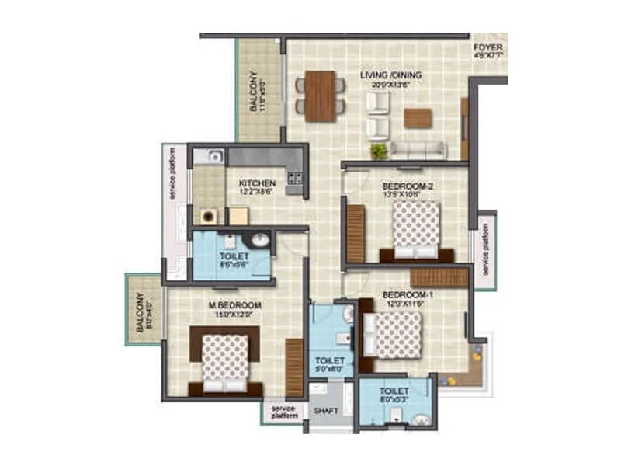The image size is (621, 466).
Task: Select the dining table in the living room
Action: point(320,96)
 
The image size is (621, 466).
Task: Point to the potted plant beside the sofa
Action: point(379,150)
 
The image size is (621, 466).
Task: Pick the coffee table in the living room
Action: point(418,118)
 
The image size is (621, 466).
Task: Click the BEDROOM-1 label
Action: point(406,295)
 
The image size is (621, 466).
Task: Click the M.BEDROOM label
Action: point(234,304)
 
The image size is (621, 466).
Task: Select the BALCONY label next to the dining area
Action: point(254,93)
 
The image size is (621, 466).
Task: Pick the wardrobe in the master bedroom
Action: point(294,368)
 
